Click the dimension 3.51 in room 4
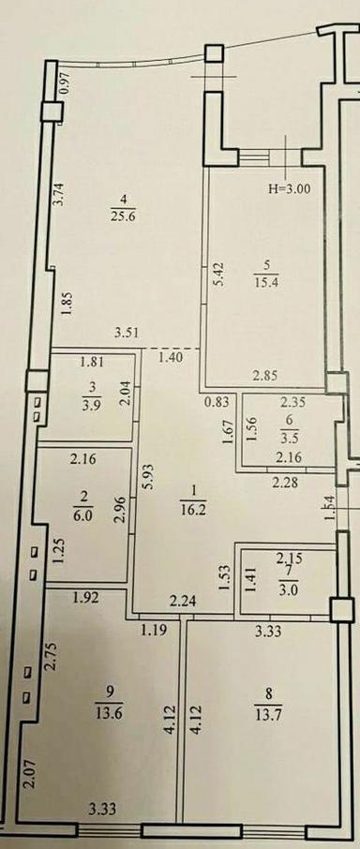pyautogui.click(x=127, y=331)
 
